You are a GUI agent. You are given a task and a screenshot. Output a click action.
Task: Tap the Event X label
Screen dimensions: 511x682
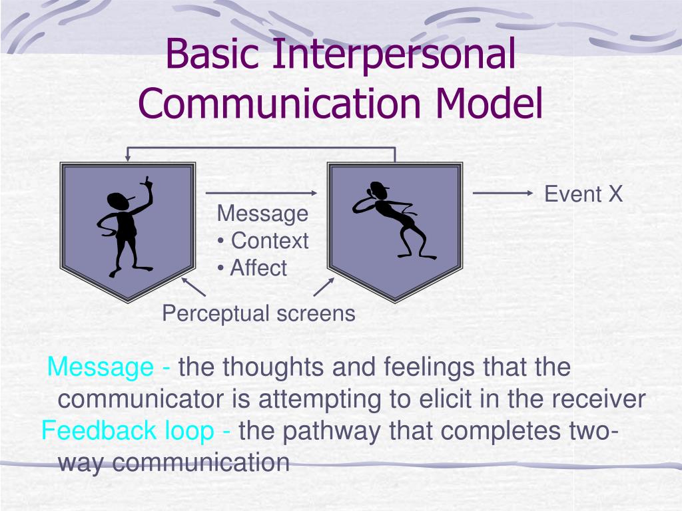583,194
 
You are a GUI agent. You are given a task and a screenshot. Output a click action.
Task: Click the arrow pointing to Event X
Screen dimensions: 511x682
504,194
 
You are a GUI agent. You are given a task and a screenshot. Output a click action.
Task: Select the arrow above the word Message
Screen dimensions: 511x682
260,194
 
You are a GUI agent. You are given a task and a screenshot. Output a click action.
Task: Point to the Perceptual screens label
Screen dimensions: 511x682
258,313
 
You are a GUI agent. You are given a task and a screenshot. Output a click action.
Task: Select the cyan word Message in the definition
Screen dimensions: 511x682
101,367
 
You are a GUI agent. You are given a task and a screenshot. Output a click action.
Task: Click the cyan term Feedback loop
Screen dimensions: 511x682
127,431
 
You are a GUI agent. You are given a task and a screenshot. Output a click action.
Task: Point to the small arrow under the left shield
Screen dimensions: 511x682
192,287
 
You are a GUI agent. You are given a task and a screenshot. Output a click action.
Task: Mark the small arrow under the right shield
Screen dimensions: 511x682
324,287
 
